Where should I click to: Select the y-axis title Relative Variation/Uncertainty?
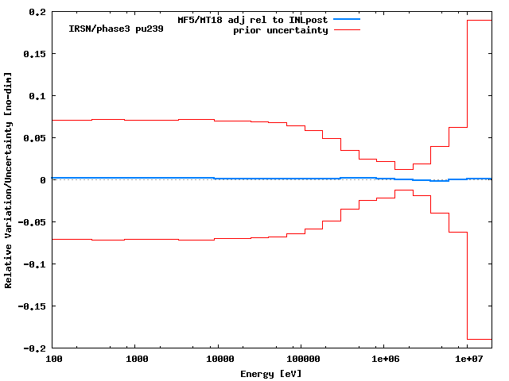pyautogui.click(x=9, y=179)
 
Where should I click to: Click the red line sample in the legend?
pyautogui.click(x=347, y=30)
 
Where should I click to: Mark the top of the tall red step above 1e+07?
pyautogui.click(x=480, y=21)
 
